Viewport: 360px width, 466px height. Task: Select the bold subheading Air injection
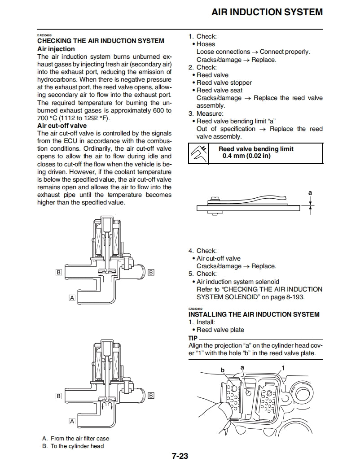(56, 49)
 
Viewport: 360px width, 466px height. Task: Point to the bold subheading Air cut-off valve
(62, 126)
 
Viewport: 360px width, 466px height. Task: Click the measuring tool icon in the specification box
(199, 153)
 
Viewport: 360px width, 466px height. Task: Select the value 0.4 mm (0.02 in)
(246, 156)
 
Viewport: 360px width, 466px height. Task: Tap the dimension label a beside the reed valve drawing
(310, 192)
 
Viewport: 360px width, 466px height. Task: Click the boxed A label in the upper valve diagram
(71, 297)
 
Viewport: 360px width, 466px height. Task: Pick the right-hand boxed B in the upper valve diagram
(151, 272)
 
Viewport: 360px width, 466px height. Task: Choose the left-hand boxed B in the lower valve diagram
(59, 396)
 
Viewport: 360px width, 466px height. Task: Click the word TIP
(193, 338)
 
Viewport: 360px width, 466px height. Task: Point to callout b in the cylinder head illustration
(222, 370)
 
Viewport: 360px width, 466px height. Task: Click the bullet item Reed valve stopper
(224, 83)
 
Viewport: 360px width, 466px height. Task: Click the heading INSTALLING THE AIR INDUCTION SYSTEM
(254, 314)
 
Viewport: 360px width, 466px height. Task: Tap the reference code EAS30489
(196, 309)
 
